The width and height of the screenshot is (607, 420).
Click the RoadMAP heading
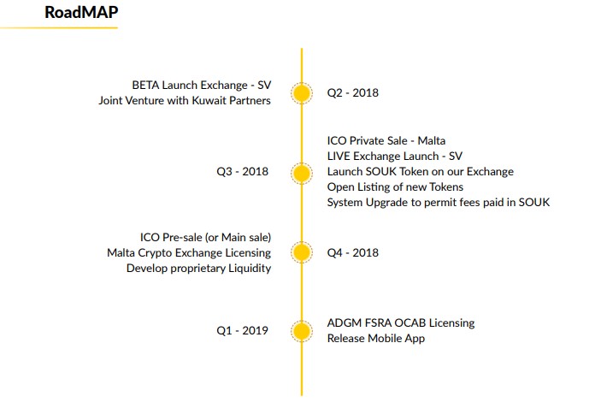(81, 12)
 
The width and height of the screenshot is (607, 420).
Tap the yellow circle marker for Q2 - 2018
(302, 93)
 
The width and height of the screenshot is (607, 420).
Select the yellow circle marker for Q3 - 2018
(302, 173)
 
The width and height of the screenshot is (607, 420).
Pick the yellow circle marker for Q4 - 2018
(302, 252)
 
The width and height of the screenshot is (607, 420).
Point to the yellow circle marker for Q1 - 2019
(302, 331)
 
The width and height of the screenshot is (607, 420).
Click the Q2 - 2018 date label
(353, 93)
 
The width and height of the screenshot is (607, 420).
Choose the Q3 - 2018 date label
(242, 172)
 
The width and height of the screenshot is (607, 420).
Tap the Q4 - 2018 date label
(353, 252)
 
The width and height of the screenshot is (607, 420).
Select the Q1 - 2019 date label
(242, 330)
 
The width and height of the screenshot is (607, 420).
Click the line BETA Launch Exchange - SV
(202, 86)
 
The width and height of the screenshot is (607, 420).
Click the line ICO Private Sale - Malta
(386, 140)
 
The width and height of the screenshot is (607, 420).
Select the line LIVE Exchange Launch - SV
(395, 157)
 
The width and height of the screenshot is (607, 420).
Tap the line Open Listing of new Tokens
(395, 187)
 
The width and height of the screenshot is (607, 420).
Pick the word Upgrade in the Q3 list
(393, 203)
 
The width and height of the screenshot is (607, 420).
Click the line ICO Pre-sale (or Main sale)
(205, 237)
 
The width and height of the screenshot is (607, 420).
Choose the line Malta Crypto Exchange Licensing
(189, 253)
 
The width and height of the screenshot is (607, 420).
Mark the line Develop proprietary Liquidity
(198, 269)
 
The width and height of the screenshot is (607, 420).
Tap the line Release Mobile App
(376, 339)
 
